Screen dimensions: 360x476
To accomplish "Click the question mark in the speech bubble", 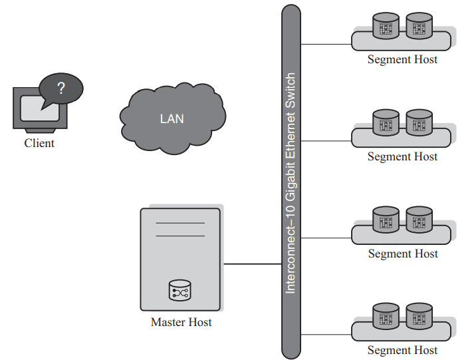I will [60, 88].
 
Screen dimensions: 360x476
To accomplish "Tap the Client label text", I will [39, 143].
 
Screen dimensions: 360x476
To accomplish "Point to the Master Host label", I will [181, 323].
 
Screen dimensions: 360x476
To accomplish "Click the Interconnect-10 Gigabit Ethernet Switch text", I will [291, 184].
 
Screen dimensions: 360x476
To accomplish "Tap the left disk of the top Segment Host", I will [386, 26].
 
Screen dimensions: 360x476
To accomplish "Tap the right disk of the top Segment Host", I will [419, 26].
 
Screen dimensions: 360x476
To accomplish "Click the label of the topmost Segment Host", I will [402, 60].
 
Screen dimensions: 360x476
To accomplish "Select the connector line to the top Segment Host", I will [326, 45].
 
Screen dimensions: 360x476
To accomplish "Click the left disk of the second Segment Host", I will [386, 123].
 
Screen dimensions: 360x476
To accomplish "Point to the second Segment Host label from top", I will [402, 157].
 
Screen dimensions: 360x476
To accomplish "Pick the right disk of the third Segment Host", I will [419, 220].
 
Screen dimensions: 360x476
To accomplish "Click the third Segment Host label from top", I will [402, 254].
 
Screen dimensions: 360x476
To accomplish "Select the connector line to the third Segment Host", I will [326, 238].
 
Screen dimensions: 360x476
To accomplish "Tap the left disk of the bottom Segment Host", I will [386, 317].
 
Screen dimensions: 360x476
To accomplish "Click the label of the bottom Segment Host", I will [402, 351].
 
